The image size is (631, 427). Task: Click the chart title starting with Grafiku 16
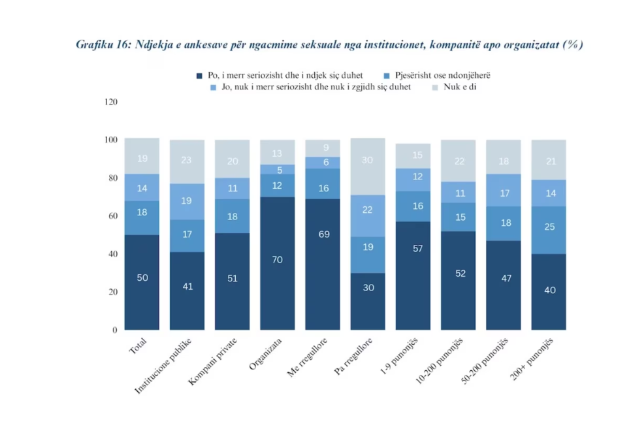pyautogui.click(x=329, y=44)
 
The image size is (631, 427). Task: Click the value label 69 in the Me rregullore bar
pyautogui.click(x=323, y=234)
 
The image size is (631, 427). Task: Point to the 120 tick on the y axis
pyautogui.click(x=110, y=102)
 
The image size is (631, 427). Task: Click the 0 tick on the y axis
pyautogui.click(x=114, y=330)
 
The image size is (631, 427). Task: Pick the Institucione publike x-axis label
pyautogui.click(x=165, y=365)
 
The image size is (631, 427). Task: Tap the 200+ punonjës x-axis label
pyautogui.click(x=533, y=358)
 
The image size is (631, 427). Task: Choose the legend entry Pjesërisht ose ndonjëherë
pyautogui.click(x=442, y=75)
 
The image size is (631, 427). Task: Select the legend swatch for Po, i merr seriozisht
pyautogui.click(x=200, y=76)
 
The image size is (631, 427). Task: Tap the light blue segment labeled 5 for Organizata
pyautogui.click(x=277, y=170)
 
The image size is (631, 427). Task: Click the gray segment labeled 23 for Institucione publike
pyautogui.click(x=187, y=161)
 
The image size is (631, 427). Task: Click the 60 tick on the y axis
pyautogui.click(x=113, y=215)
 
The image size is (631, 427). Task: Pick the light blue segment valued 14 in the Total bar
pyautogui.click(x=142, y=187)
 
